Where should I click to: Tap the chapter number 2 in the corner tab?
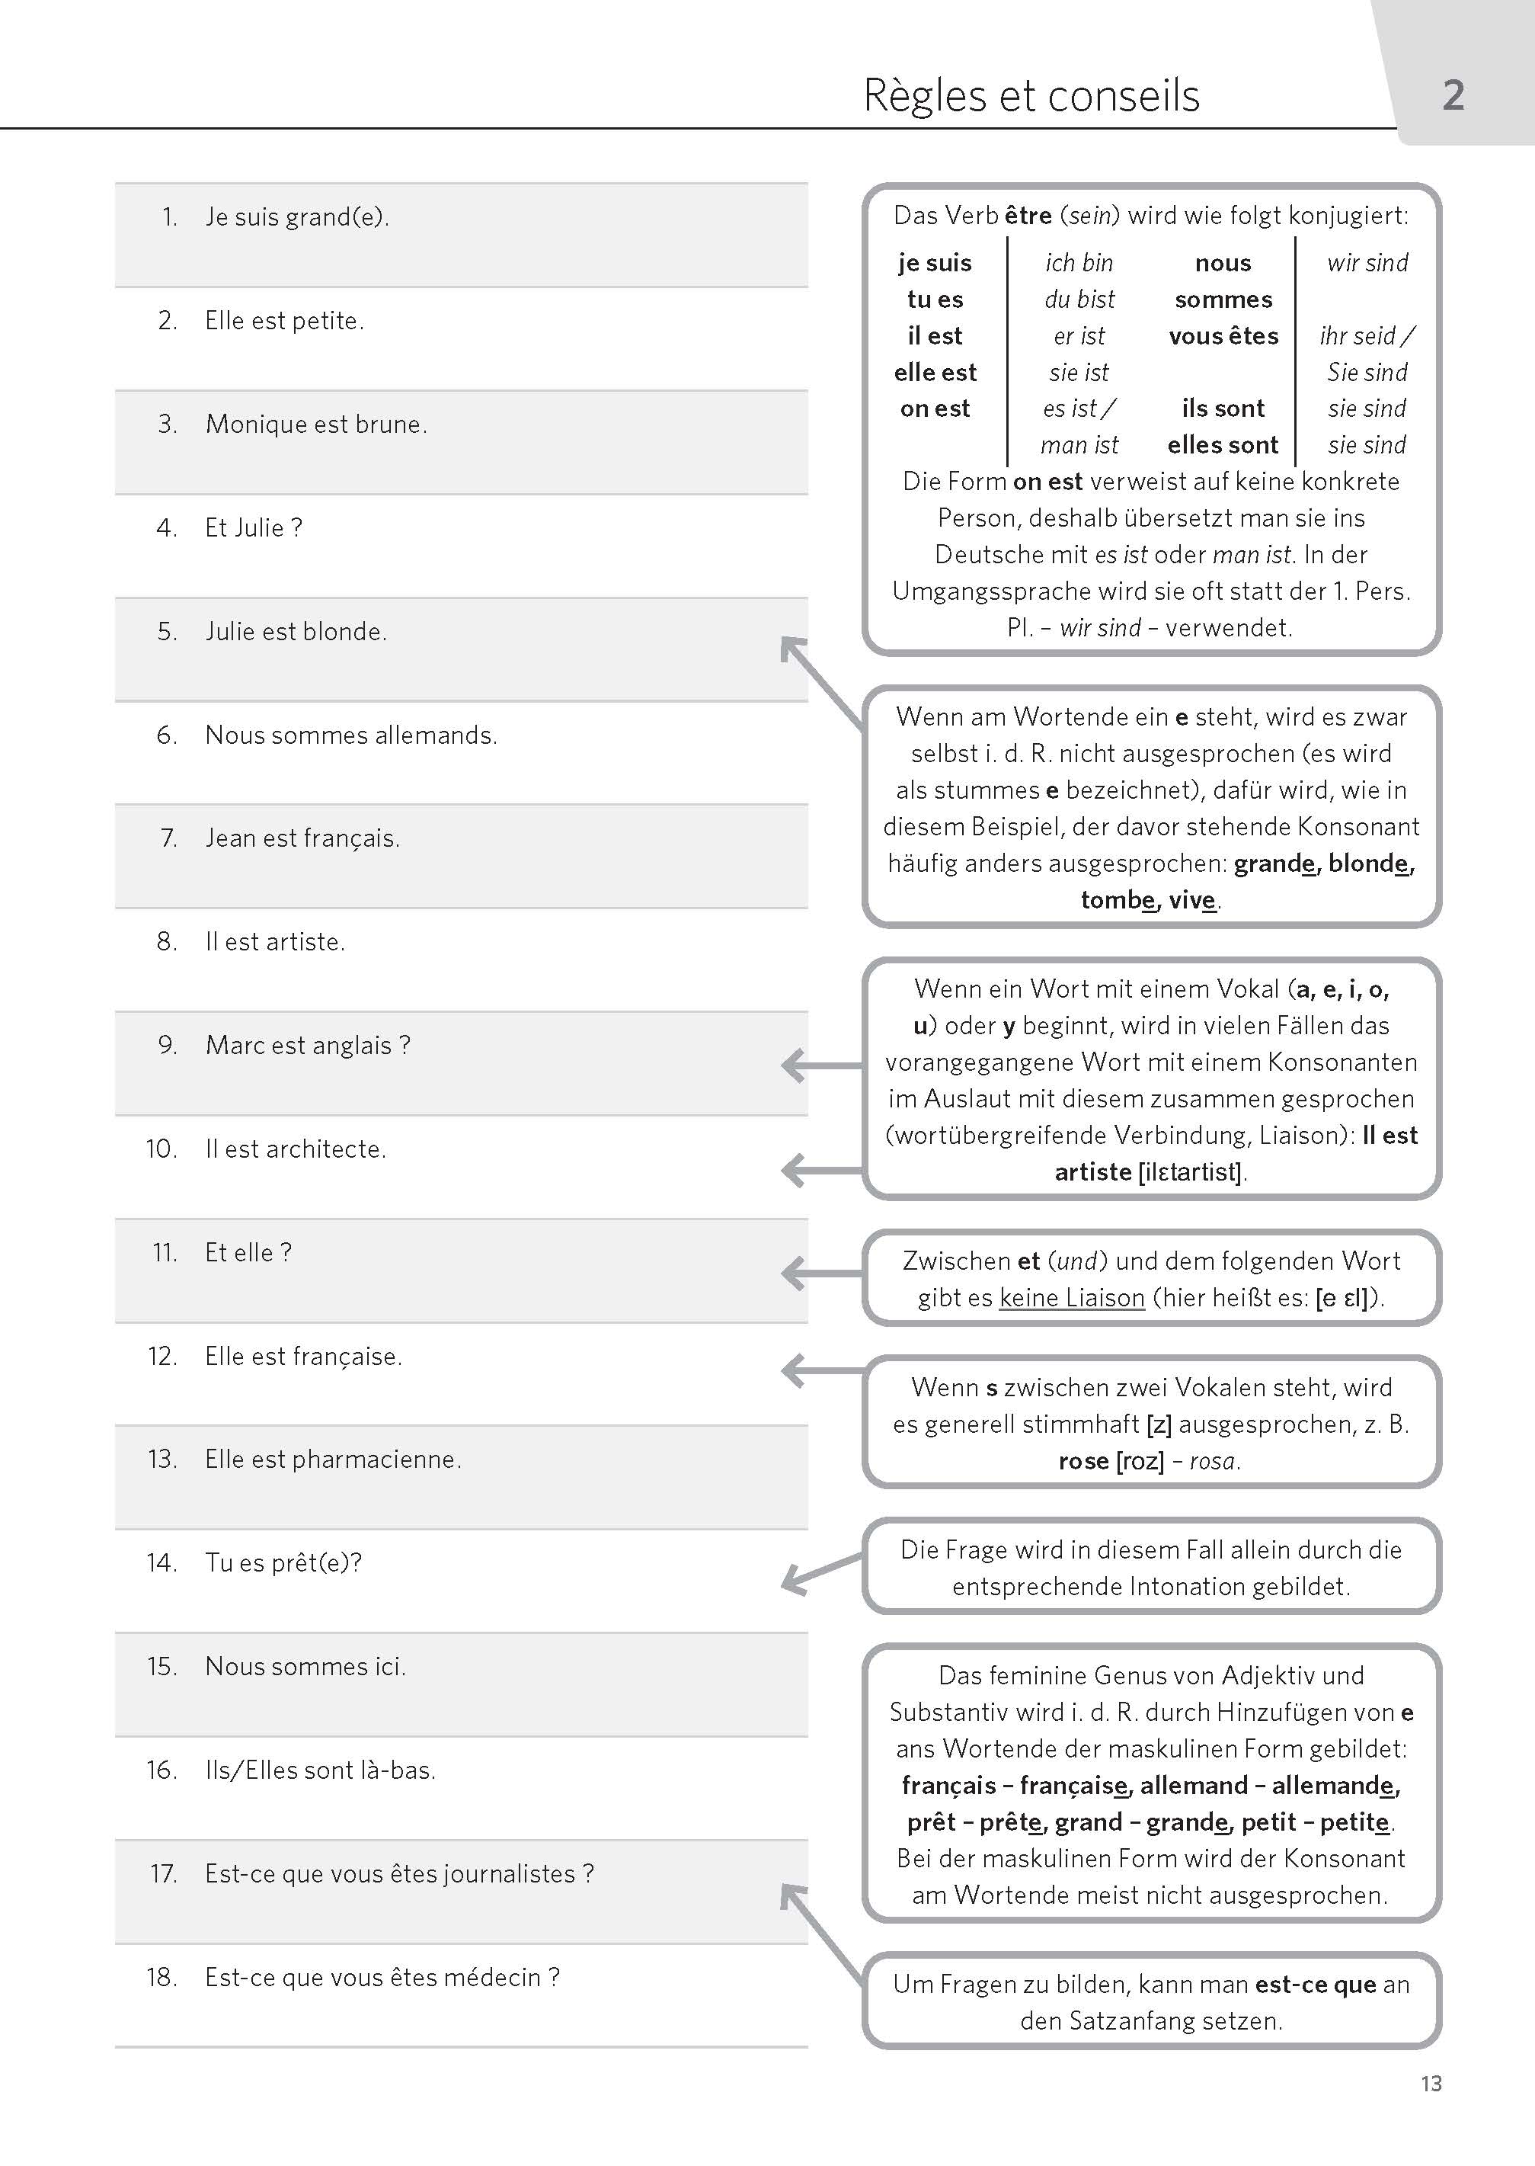pyautogui.click(x=1453, y=95)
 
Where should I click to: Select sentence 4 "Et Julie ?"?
pyautogui.click(x=254, y=527)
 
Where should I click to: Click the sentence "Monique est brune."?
pyautogui.click(x=315, y=425)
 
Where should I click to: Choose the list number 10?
pyautogui.click(x=161, y=1149)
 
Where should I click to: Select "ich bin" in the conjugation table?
pyautogui.click(x=1079, y=263)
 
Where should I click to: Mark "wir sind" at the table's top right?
pyautogui.click(x=1367, y=263)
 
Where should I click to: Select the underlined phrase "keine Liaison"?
pyautogui.click(x=1072, y=1298)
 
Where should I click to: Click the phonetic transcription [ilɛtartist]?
pyautogui.click(x=1189, y=1172)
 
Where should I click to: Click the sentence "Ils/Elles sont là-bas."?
pyautogui.click(x=319, y=1770)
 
